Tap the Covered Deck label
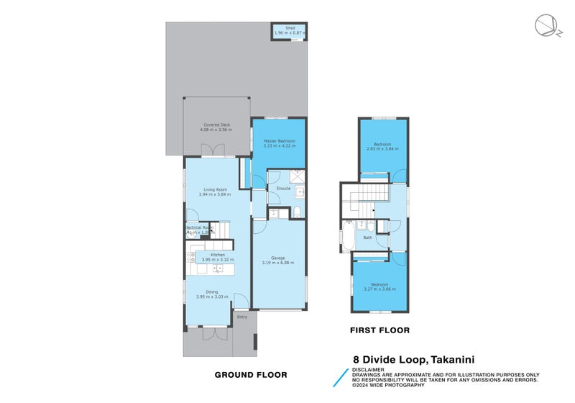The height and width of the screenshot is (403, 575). click(216, 125)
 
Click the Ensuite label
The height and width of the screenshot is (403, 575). click(283, 189)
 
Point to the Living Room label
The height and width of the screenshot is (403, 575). click(216, 189)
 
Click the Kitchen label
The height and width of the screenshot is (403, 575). click(217, 255)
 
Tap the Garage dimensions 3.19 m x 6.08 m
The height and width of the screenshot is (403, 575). click(278, 262)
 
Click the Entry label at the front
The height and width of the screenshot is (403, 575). click(241, 317)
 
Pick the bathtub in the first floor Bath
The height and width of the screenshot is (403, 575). click(347, 237)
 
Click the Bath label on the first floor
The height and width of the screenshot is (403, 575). click(367, 237)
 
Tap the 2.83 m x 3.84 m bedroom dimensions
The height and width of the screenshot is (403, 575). click(382, 149)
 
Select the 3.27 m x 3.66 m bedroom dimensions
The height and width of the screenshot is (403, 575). click(379, 289)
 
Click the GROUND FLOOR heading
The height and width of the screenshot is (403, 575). click(252, 374)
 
